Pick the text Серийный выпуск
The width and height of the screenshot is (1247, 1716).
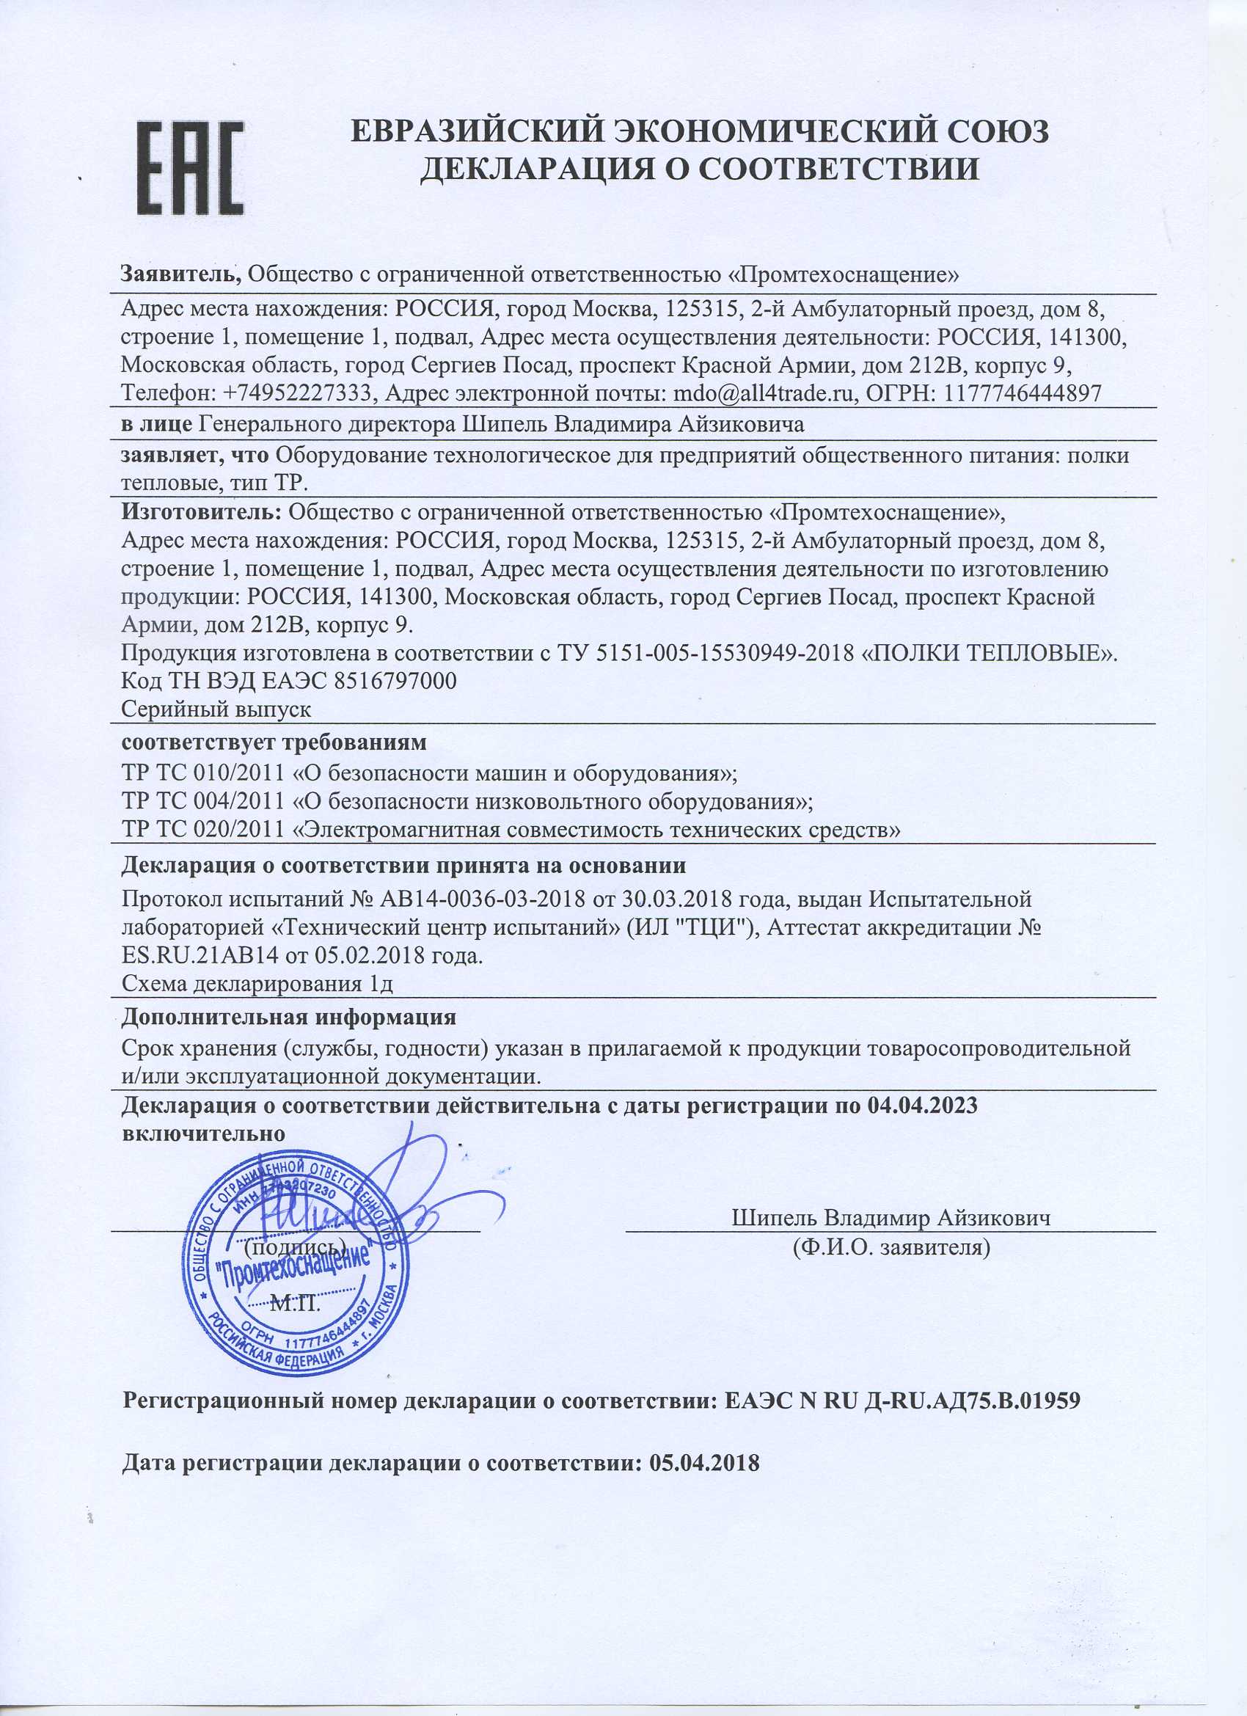[x=216, y=709]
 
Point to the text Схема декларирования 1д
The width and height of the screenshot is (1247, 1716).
[x=257, y=985]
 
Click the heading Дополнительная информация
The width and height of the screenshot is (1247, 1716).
[x=289, y=1017]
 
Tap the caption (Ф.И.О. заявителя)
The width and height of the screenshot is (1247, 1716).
[x=891, y=1246]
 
